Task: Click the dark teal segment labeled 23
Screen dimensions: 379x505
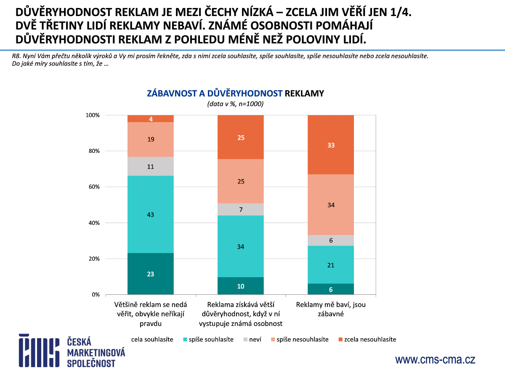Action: coord(150,274)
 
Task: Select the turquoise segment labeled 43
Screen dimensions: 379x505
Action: coord(150,214)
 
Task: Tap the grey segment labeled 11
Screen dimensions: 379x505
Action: coord(150,166)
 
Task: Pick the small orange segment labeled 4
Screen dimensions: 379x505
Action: coord(150,119)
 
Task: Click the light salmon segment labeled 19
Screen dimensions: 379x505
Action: coord(150,139)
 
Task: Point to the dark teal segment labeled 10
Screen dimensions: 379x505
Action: coord(240,286)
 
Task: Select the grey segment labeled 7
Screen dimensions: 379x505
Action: coord(240,209)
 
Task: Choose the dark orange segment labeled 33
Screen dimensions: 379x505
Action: coord(330,145)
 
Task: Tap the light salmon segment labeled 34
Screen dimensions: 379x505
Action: coord(330,205)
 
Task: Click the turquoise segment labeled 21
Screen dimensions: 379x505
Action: coord(330,264)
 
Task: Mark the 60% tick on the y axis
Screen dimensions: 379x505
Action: coord(93,187)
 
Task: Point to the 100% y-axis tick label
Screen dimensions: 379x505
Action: coord(92,115)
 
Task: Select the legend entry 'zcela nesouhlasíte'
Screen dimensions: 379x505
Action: coord(369,339)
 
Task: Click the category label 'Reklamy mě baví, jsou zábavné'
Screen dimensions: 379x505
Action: coord(330,309)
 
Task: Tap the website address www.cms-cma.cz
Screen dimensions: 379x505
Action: coord(435,360)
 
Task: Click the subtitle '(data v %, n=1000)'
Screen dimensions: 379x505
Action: coord(235,104)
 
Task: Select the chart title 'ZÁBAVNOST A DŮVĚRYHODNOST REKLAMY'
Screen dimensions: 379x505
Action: coord(235,93)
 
